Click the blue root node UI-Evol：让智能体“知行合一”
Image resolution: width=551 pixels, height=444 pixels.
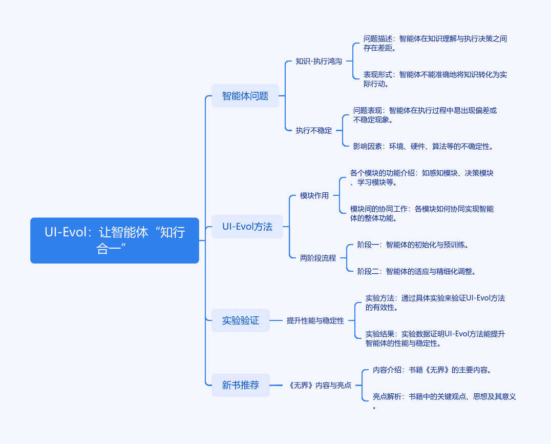pyautogui.click(x=115, y=240)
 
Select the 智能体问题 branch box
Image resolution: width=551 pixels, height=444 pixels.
pyautogui.click(x=245, y=96)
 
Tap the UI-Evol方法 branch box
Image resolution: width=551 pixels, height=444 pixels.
pyautogui.click(x=247, y=227)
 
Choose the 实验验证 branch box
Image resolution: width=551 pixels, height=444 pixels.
pyautogui.click(x=240, y=320)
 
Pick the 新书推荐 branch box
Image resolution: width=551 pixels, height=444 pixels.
pyautogui.click(x=240, y=385)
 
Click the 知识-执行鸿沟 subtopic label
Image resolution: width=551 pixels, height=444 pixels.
pyautogui.click(x=319, y=61)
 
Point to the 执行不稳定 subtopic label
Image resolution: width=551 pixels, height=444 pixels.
pyautogui.click(x=314, y=131)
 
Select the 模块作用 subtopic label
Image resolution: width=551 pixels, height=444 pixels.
pyautogui.click(x=314, y=196)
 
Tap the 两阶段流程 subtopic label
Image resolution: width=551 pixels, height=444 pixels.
pyautogui.click(x=317, y=258)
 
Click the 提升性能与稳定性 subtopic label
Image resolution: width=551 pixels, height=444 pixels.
pyautogui.click(x=315, y=320)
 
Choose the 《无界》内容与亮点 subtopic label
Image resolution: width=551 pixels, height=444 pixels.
pyautogui.click(x=320, y=385)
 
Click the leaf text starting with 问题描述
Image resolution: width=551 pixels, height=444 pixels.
pyautogui.click(x=435, y=43)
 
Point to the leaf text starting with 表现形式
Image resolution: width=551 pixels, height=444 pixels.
pyautogui.click(x=435, y=79)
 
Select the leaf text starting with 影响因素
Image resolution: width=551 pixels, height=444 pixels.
pyautogui.click(x=423, y=146)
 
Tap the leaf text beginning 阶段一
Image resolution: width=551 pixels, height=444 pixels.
pyautogui.click(x=413, y=245)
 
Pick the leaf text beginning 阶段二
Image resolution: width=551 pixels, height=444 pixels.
pyautogui.click(x=416, y=272)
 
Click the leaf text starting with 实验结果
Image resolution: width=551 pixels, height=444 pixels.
pyautogui.click(x=435, y=338)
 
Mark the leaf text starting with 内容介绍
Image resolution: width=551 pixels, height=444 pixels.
pyautogui.click(x=432, y=370)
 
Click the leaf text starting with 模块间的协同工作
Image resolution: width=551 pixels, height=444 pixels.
pyautogui.click(x=421, y=214)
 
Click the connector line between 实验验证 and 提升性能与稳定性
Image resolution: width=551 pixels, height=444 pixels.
pyautogui.click(x=276, y=320)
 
